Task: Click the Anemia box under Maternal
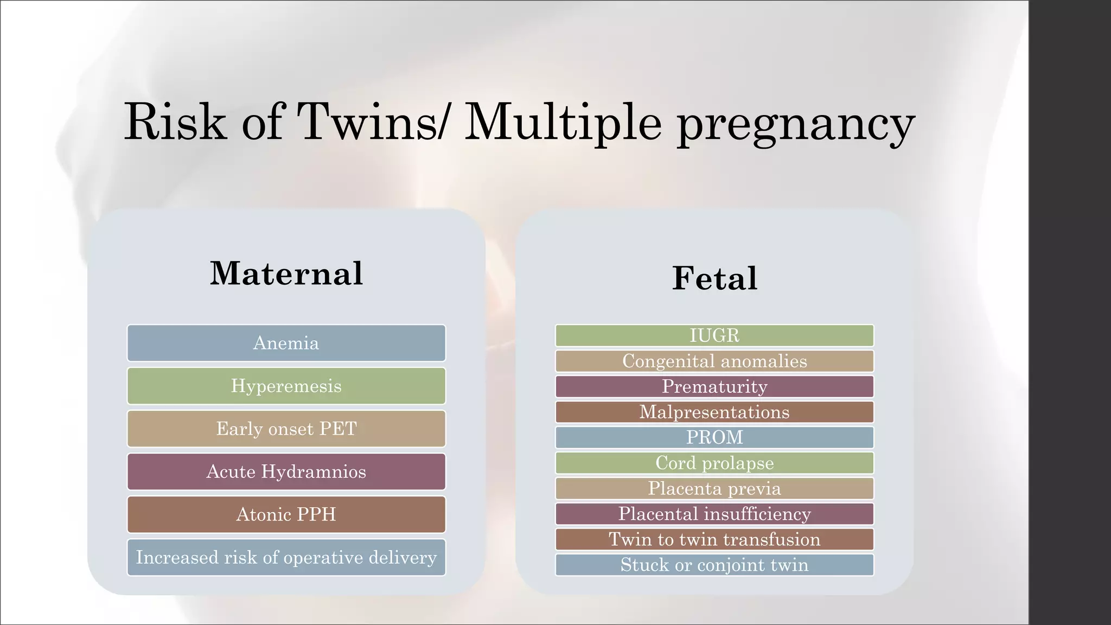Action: (x=286, y=343)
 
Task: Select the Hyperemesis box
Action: (x=286, y=386)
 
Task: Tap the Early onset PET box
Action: (x=286, y=429)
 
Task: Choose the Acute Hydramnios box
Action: (x=286, y=471)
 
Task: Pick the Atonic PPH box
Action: (x=286, y=514)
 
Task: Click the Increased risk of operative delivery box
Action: (x=286, y=557)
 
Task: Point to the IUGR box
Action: (x=714, y=335)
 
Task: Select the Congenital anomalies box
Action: (x=714, y=361)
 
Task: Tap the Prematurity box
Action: (x=714, y=386)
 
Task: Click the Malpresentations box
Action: (x=714, y=412)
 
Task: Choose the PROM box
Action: (x=714, y=437)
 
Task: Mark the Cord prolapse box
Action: (x=714, y=463)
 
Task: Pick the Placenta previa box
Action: (x=714, y=488)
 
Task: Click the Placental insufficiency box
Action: (x=714, y=514)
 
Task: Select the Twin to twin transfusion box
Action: (x=714, y=539)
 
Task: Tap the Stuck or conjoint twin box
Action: (x=714, y=565)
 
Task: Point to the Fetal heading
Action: (x=714, y=278)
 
